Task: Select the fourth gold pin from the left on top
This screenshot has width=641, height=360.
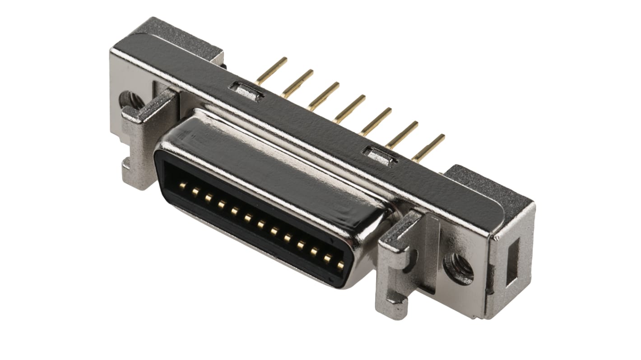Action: tap(350, 109)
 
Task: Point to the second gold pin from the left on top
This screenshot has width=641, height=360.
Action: tap(297, 83)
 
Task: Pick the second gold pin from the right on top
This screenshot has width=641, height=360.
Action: tap(402, 134)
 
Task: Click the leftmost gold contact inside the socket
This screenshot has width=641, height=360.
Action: tap(182, 185)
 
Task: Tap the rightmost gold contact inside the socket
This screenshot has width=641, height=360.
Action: tap(340, 265)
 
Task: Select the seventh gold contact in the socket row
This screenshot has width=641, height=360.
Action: tap(261, 224)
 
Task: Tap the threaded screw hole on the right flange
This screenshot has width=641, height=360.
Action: tap(459, 268)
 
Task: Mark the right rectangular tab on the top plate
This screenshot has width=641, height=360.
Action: tap(380, 156)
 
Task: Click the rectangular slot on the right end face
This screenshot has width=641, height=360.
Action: tap(513, 261)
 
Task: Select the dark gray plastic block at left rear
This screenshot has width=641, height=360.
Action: tap(181, 36)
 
